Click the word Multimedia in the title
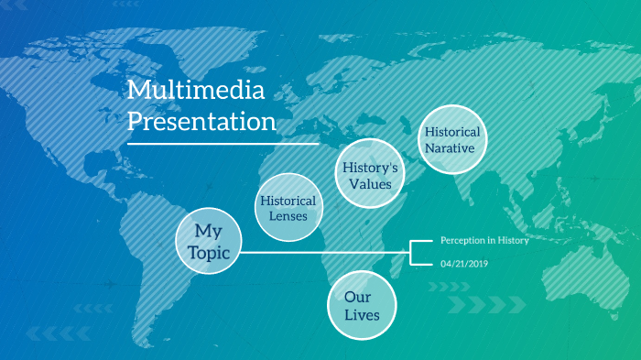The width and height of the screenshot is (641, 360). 195,90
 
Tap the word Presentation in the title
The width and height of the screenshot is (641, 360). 201,121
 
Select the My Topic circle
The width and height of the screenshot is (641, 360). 208,240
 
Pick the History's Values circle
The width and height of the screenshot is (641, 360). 370,175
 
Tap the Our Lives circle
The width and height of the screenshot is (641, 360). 362,306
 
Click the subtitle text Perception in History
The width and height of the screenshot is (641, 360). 484,240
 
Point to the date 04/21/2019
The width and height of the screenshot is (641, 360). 465,264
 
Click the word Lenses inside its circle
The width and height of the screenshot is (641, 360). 288,217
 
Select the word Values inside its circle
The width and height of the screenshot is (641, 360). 370,184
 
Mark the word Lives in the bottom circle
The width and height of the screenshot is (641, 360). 362,316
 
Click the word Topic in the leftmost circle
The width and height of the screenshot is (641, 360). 208,251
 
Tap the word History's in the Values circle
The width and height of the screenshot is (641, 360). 370,168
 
